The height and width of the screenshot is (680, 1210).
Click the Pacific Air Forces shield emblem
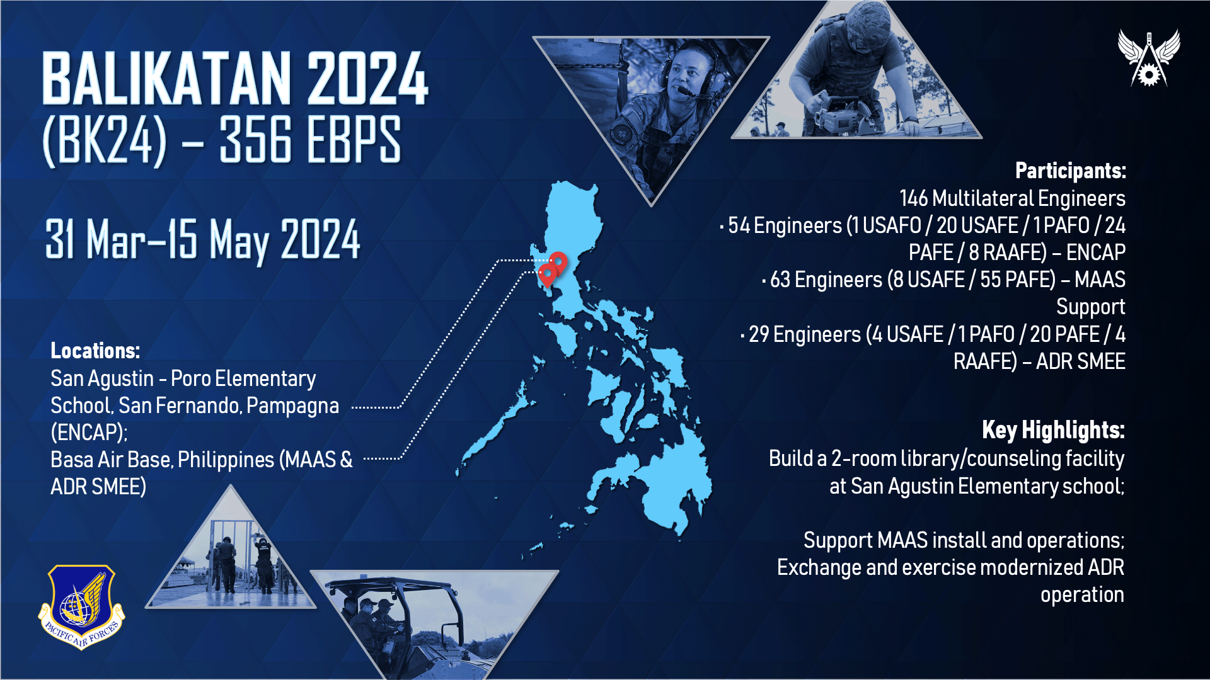coord(81,606)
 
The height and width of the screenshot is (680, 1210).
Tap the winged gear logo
coord(1148,58)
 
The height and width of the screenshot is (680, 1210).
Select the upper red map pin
coord(558,262)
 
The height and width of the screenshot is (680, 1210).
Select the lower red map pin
coord(548,275)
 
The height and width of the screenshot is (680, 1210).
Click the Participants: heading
coord(1070,171)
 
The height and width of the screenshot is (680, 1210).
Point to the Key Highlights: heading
coord(1053,430)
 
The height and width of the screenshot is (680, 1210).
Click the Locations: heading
coord(95,351)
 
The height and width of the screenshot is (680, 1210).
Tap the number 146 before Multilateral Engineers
coord(913,198)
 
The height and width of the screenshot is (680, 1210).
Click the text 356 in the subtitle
coord(256,140)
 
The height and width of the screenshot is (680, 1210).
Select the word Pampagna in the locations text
coord(292,406)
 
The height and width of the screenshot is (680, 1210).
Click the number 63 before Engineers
coord(780,280)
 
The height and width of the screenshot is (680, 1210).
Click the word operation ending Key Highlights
coord(1082,595)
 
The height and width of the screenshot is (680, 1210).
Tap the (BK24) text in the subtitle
coord(105,140)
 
